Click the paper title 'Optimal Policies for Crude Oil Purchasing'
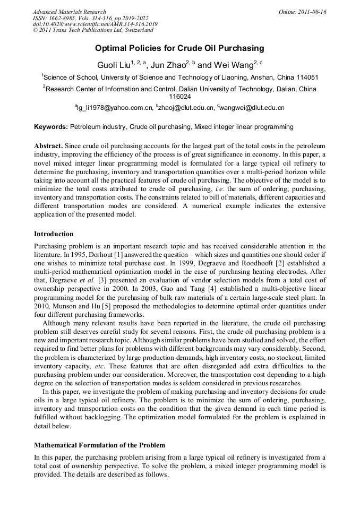click(179, 48)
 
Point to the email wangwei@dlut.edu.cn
click(252, 108)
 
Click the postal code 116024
click(179, 97)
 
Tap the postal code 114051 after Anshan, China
click(306, 77)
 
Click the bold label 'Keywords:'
click(51, 127)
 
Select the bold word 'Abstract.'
click(49, 145)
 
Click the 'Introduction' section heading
click(54, 234)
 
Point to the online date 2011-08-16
click(311, 12)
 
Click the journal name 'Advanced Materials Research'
click(69, 12)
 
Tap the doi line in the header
click(95, 24)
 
